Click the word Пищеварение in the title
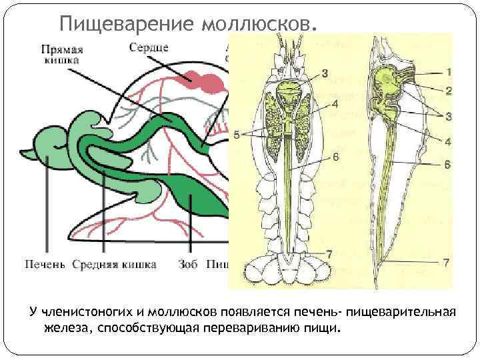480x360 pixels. click(126, 24)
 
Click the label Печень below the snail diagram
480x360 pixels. click(45, 265)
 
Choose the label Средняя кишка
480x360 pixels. click(115, 265)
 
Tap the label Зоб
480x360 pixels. click(189, 265)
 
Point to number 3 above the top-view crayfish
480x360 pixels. click(325, 73)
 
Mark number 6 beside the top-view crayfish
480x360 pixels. click(335, 157)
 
